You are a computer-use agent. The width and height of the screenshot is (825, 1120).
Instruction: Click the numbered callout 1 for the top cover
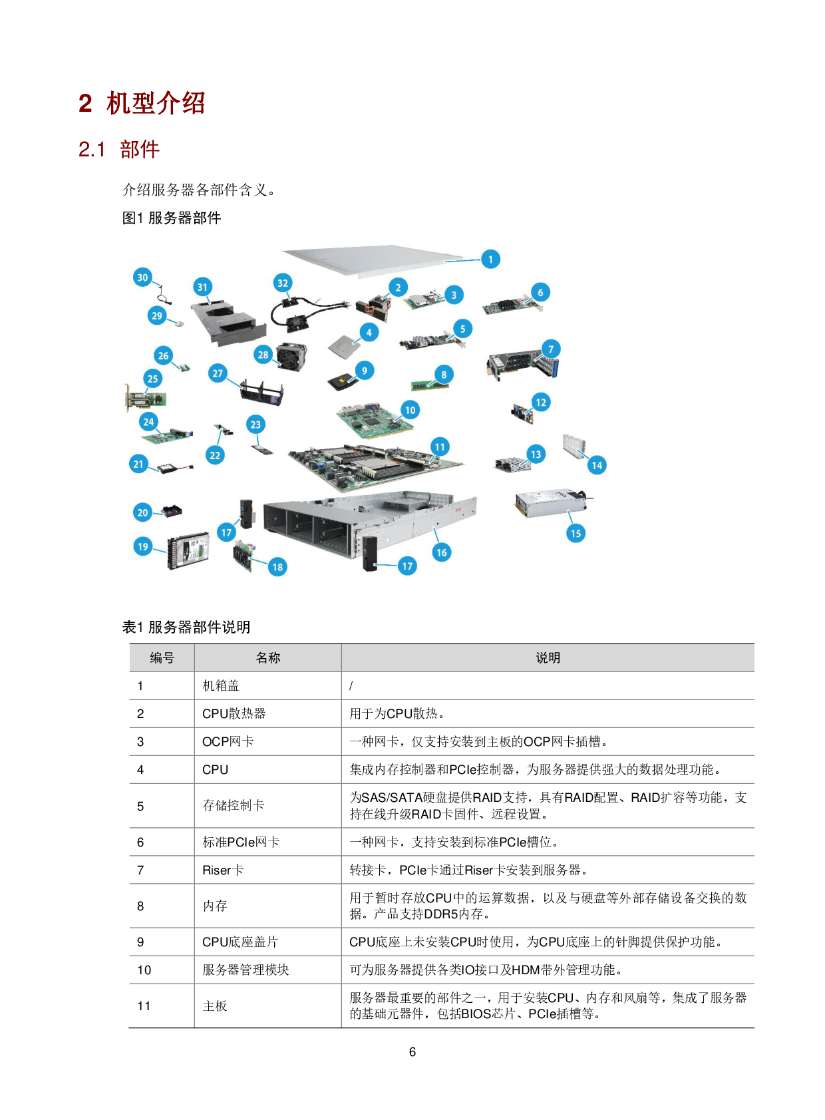pyautogui.click(x=490, y=259)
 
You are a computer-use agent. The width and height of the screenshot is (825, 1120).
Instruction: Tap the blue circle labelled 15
pyautogui.click(x=576, y=533)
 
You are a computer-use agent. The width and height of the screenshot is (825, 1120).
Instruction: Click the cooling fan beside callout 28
pyautogui.click(x=291, y=357)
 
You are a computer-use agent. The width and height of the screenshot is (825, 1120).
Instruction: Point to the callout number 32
pyautogui.click(x=283, y=283)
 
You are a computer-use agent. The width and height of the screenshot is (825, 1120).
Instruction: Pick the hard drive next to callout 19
pyautogui.click(x=189, y=551)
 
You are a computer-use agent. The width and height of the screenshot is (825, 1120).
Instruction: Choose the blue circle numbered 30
pyautogui.click(x=142, y=278)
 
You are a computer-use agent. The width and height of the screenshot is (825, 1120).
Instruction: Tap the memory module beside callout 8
pyautogui.click(x=428, y=385)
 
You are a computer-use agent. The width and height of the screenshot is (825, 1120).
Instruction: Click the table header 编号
pyautogui.click(x=162, y=657)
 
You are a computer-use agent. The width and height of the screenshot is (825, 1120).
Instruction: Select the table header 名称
pyautogui.click(x=267, y=657)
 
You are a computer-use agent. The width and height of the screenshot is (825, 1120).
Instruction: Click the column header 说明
pyautogui.click(x=548, y=657)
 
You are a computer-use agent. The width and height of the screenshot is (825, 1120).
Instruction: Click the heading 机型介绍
pyautogui.click(x=156, y=103)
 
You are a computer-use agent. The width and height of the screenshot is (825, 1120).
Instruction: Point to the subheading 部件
pyautogui.click(x=140, y=149)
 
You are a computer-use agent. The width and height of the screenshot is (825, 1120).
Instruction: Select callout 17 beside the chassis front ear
pyautogui.click(x=407, y=566)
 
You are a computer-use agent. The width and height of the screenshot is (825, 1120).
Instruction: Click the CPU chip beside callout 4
pyautogui.click(x=345, y=345)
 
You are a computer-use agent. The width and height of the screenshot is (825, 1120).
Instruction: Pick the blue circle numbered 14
pyautogui.click(x=597, y=465)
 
